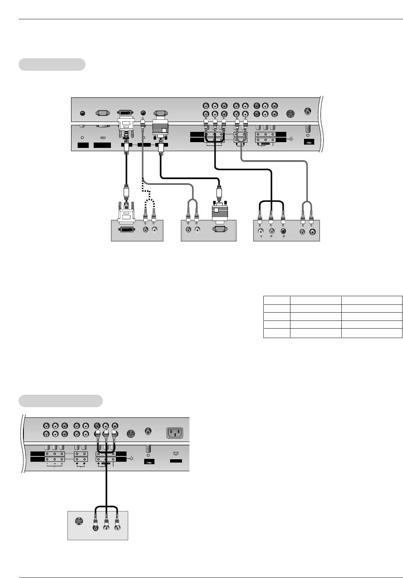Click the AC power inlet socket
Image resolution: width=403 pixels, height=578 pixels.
[x=175, y=433]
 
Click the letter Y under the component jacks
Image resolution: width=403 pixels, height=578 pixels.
[x=260, y=237]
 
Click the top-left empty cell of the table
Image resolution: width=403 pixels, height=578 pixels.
[x=276, y=300]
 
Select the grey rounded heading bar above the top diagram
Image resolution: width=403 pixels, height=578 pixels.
[x=52, y=64]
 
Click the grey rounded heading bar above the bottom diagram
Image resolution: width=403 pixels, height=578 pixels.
[x=60, y=401]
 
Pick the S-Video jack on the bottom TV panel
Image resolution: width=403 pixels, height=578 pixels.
[x=131, y=434]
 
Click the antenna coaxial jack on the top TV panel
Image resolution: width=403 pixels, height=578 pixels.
[x=308, y=111]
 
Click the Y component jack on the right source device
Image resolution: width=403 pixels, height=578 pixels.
[x=260, y=231]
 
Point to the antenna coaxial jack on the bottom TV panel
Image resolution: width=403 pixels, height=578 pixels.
[x=148, y=431]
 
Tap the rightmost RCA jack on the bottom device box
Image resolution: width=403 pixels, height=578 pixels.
[x=117, y=529]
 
